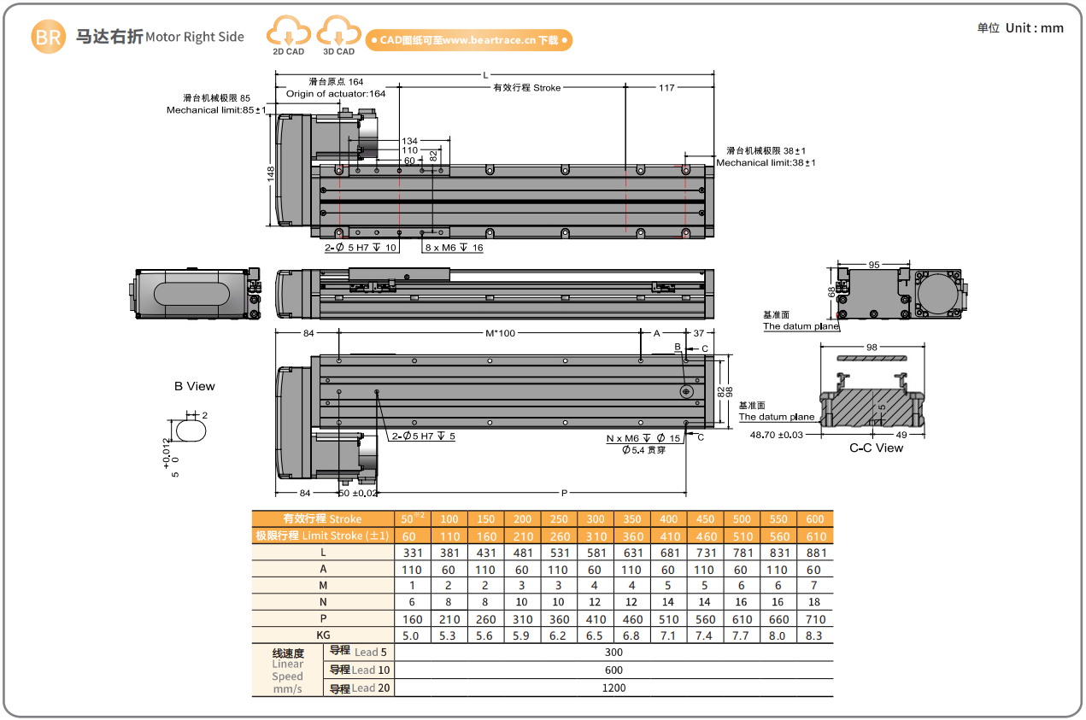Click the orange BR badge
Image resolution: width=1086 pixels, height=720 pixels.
pos(48,37)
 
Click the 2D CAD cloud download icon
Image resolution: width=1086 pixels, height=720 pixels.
pos(289,35)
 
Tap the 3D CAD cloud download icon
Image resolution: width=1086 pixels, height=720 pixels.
pos(338,35)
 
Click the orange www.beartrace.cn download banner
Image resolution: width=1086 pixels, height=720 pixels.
pos(468,40)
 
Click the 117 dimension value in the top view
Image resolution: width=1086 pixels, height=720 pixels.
pos(667,88)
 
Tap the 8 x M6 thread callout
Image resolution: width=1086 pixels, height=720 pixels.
pos(455,248)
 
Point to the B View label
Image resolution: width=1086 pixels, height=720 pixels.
pos(195,386)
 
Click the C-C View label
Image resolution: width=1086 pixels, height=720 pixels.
pos(876,448)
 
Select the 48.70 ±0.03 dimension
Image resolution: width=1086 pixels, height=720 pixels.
pos(777,435)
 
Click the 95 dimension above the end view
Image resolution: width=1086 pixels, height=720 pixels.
pos(873,265)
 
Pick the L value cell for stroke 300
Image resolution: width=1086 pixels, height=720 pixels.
pos(595,553)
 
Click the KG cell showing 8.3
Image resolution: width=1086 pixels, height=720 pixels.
pos(814,635)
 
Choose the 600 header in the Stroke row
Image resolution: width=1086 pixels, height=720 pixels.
pos(814,519)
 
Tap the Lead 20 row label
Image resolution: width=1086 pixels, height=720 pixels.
pos(359,688)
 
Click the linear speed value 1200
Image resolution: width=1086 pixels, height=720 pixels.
pos(613,688)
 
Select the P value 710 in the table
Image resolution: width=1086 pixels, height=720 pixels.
pos(814,619)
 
